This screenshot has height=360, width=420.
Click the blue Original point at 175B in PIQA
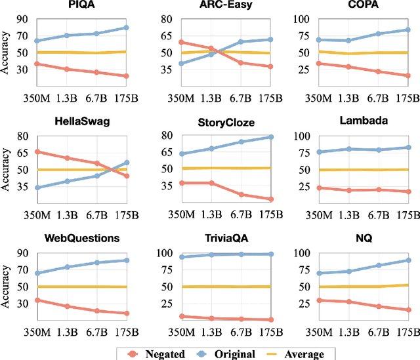tap(126, 28)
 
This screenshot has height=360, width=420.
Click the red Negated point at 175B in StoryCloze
tap(270, 199)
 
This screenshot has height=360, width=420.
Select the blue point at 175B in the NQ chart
tap(408, 260)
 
